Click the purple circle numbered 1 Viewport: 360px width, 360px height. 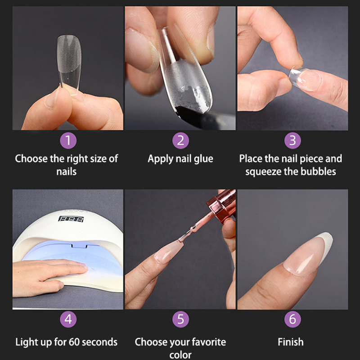(x=68, y=140)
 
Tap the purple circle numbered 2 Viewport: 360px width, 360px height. (x=180, y=140)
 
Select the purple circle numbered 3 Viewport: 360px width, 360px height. (x=292, y=140)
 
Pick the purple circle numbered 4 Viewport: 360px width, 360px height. (x=68, y=319)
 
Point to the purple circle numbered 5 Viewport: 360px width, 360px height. (x=180, y=319)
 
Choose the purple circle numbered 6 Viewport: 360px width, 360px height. (x=292, y=319)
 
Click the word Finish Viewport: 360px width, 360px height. (x=291, y=342)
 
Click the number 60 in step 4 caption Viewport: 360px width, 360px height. (x=74, y=342)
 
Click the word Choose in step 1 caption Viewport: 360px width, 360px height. (x=28, y=159)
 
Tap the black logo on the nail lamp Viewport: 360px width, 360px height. (x=71, y=219)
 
